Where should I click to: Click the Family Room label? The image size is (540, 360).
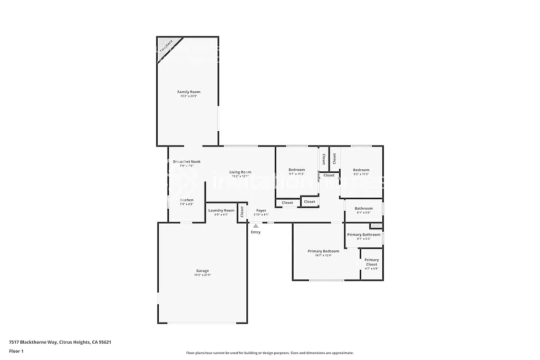(188, 92)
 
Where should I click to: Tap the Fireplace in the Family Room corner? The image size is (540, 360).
(166, 47)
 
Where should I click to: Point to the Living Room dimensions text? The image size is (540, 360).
(240, 177)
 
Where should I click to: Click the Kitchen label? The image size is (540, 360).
(187, 200)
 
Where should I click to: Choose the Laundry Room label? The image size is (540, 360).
(221, 210)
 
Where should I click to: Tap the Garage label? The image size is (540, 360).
(202, 271)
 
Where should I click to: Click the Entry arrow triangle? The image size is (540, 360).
(256, 226)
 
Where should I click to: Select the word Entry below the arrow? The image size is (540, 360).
(256, 232)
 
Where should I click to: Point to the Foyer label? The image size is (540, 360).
(261, 210)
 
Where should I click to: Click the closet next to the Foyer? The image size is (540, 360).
(242, 212)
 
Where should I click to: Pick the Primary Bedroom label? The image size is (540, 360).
(323, 251)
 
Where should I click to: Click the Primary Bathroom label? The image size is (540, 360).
(363, 235)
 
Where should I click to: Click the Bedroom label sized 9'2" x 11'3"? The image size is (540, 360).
(361, 170)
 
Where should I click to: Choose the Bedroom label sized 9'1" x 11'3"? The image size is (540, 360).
(296, 170)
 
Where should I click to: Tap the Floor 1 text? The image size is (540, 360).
(16, 351)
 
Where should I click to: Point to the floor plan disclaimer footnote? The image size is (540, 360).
(269, 353)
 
